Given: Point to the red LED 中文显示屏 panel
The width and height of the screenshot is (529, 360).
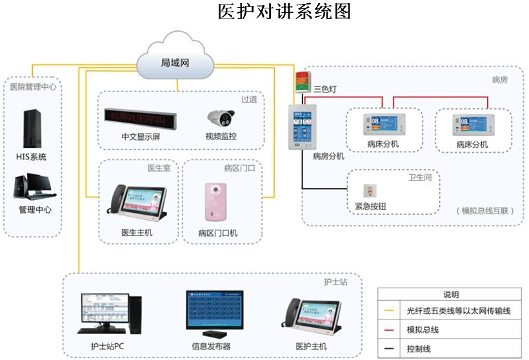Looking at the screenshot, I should click(141, 116).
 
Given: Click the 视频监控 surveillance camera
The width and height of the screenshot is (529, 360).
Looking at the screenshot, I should click(219, 118).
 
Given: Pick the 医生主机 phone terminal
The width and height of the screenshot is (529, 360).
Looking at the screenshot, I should click(136, 204).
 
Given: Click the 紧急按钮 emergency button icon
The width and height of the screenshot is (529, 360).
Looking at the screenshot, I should click(369, 191).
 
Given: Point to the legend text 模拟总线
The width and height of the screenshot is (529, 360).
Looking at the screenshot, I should click(423, 330).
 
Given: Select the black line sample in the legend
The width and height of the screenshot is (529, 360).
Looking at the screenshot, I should click(389, 349).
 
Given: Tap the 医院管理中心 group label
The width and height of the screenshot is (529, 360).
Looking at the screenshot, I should click(33, 86).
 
